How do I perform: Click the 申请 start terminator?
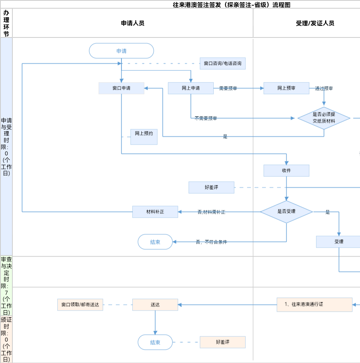[121, 51]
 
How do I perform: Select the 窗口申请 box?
[121, 88]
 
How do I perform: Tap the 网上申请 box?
[190, 88]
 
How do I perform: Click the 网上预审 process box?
[286, 88]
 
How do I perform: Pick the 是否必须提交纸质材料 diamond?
[324, 118]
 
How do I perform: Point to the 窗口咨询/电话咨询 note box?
[222, 64]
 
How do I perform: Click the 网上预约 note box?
[144, 137]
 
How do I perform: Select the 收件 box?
[286, 171]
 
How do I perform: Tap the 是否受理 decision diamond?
[286, 212]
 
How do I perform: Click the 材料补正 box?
[155, 212]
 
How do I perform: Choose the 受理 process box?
[339, 242]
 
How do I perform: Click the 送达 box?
[155, 305]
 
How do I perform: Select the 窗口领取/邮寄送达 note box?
[80, 305]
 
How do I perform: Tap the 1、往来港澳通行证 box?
[314, 305]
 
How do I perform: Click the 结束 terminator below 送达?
[155, 342]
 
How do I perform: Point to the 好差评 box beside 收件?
[211, 188]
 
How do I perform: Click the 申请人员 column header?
[133, 23]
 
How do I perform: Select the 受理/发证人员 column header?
[315, 23]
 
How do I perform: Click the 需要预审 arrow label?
[228, 89]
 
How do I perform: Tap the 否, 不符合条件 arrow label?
[211, 242]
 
